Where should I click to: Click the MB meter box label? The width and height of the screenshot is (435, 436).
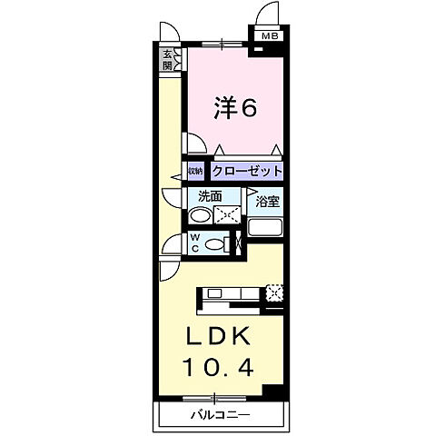coord(270,36)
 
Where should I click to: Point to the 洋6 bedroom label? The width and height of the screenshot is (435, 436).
coord(233,108)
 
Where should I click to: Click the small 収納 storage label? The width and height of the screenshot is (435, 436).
coord(195,171)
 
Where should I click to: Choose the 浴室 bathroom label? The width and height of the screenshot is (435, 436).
coord(266,201)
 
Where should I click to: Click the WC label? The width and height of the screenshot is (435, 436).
coord(195,243)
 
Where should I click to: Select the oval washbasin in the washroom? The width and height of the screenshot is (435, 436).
coord(199,215)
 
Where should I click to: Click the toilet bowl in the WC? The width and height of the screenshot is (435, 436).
coord(214,243)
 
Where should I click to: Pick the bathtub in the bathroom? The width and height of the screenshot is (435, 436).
coord(266,227)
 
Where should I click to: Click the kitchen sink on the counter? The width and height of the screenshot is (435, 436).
coord(215,292)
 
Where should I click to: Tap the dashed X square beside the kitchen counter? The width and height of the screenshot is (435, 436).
coord(276,292)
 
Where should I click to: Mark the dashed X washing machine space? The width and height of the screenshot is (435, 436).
coord(226,214)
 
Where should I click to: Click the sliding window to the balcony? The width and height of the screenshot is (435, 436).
coord(215,397)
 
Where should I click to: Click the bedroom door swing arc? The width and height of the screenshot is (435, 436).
coord(193,143)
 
